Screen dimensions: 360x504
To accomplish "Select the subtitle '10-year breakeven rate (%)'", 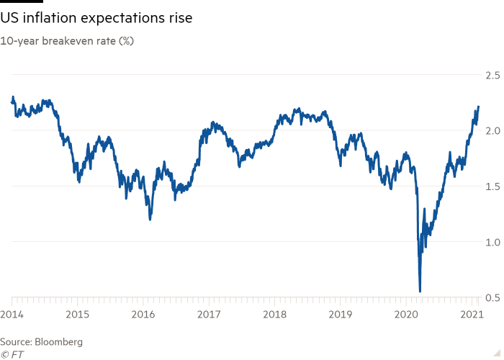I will pos(67,40).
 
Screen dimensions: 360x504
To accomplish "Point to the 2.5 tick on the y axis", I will pos(492,75).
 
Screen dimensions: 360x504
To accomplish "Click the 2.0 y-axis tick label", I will pos(492,130).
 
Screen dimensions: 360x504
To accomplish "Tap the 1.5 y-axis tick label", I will pos(492,186).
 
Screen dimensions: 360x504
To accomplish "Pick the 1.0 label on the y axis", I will pos(492,242).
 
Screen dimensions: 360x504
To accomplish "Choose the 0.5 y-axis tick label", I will pos(492,297).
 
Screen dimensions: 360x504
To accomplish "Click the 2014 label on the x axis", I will pos(12,314).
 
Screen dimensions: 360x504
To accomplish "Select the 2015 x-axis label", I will pos(77,314).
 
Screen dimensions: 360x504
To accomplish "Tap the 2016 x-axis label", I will pos(143,314).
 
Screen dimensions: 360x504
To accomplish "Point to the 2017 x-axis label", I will pos(209,314).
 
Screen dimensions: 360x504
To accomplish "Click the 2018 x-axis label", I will pos(275,314).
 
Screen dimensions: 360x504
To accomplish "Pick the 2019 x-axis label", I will pos(341,314).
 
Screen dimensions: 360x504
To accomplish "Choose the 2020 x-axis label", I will pos(407,314).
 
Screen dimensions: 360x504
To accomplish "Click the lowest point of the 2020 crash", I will pos(420,291).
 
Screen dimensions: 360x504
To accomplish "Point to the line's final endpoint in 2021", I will pos(478,107).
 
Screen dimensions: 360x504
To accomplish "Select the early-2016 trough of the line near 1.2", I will pos(150,219).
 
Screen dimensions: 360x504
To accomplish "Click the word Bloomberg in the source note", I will pos(59,341).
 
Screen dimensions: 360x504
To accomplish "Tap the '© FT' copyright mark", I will pos(12,354).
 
